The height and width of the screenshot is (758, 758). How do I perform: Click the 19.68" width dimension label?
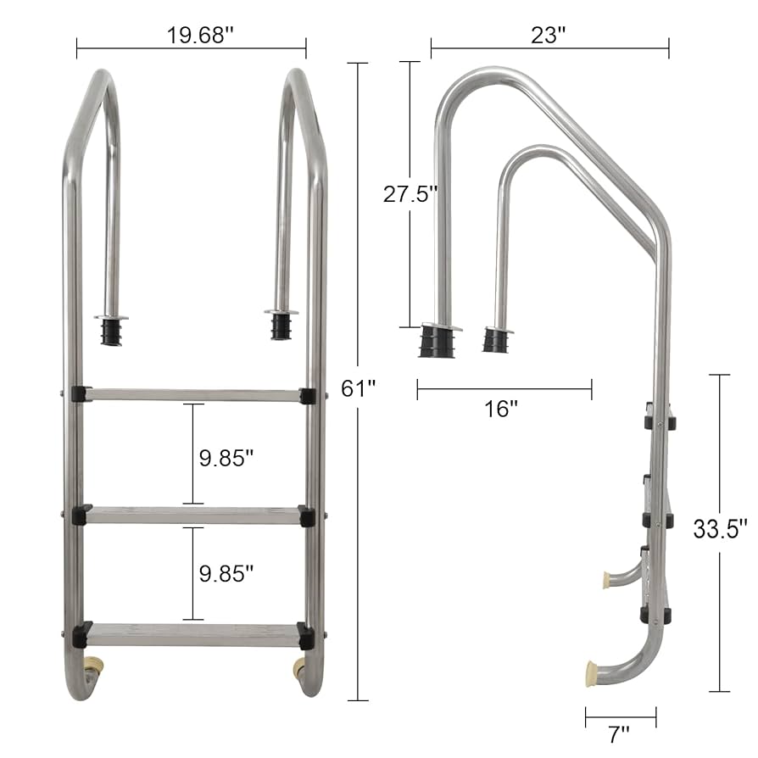[x=200, y=36]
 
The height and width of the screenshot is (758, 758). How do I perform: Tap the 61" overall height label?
[x=358, y=388]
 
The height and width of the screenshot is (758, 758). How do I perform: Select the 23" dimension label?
[x=549, y=36]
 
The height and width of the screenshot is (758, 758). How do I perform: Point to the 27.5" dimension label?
[x=410, y=194]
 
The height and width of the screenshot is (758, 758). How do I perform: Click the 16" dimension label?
[x=501, y=409]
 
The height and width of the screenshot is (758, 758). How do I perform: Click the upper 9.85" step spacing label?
[x=226, y=458]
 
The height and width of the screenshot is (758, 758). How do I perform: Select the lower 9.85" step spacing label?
[x=226, y=574]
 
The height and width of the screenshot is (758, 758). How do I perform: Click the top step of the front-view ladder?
[x=192, y=394]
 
